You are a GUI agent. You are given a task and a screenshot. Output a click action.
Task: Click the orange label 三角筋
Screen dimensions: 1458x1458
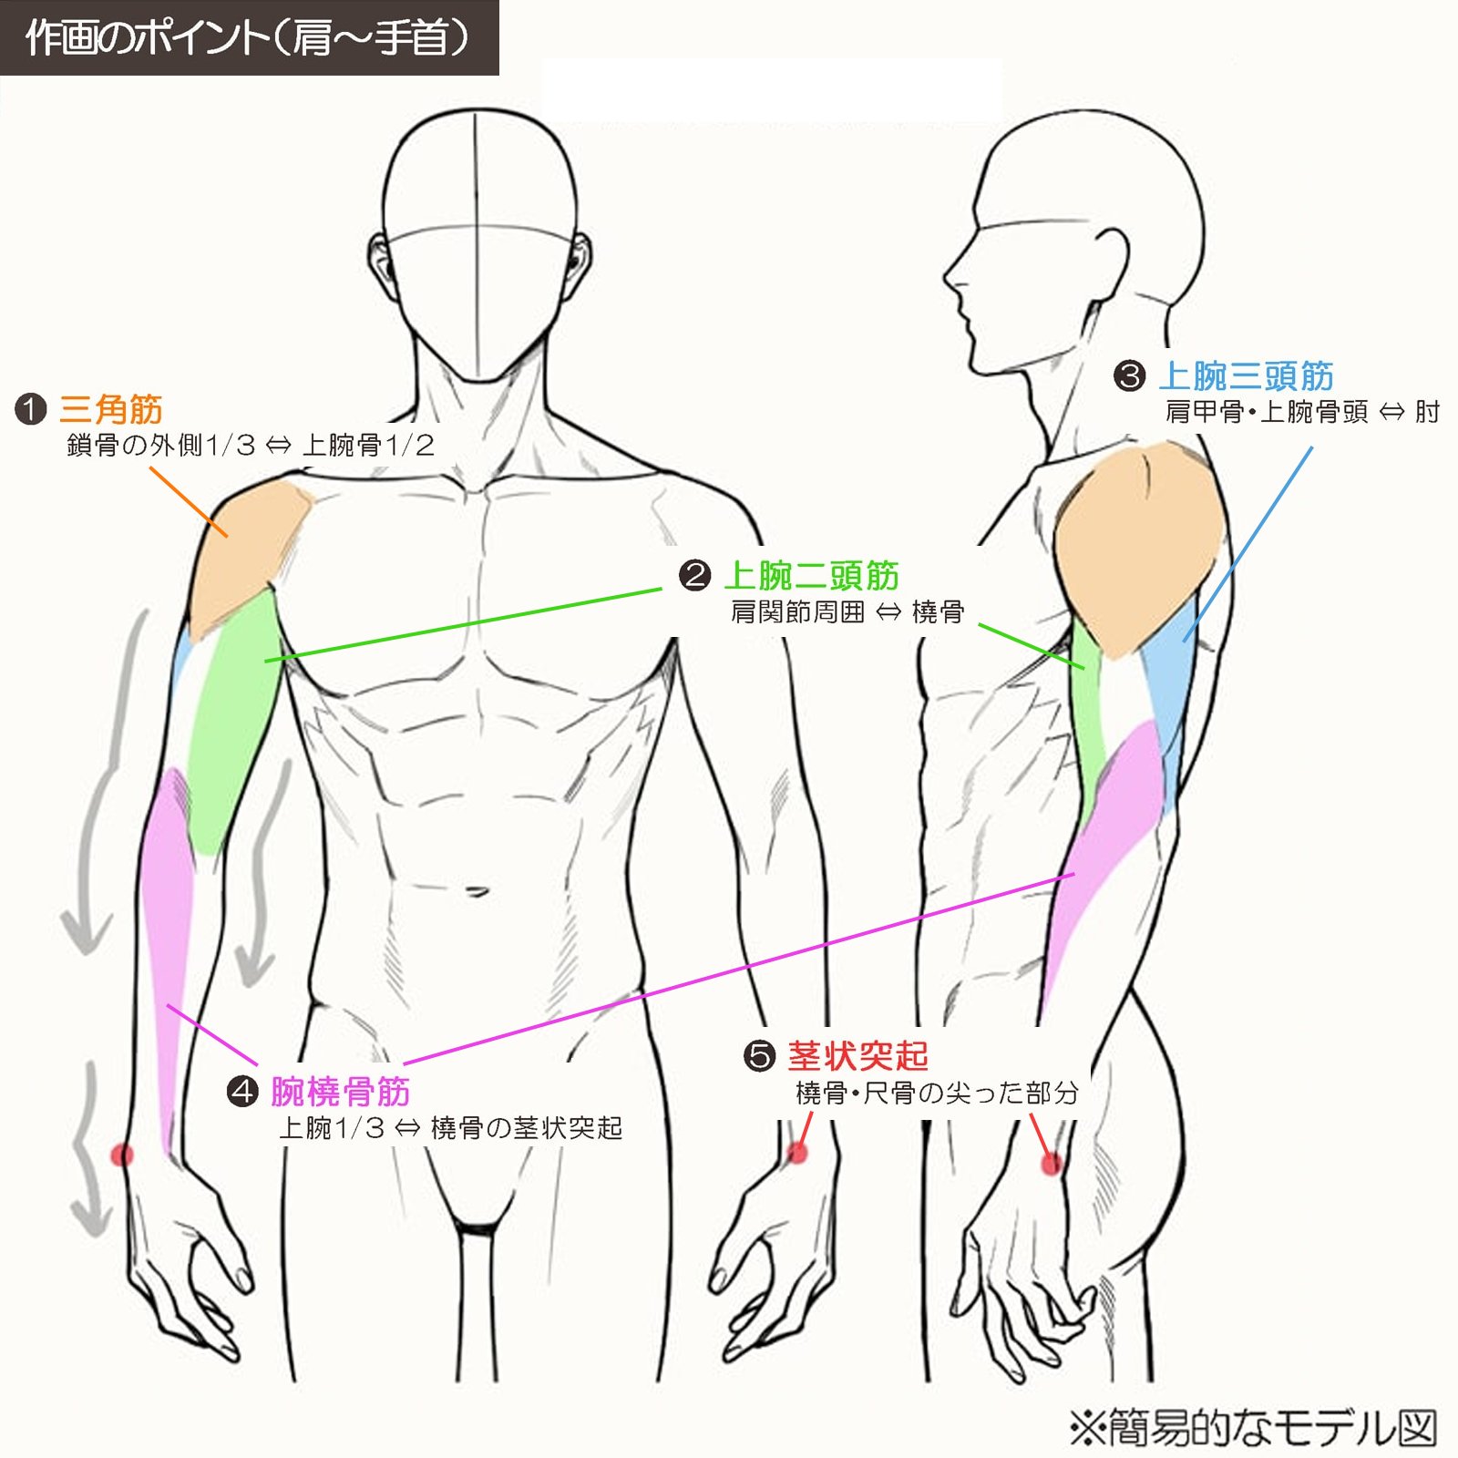(111, 409)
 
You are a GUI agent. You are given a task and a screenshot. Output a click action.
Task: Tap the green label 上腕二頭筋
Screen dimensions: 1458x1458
(811, 576)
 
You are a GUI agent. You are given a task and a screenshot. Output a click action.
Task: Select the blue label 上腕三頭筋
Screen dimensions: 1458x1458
(1246, 375)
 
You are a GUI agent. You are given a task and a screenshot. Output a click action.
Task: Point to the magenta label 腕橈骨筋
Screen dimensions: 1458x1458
(340, 1091)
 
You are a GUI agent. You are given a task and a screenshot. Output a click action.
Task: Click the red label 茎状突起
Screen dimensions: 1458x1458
(857, 1056)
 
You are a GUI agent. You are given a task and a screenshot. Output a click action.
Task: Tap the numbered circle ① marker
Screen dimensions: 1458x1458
(31, 409)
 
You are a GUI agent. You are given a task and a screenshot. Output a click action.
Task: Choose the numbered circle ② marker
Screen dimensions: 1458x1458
(694, 576)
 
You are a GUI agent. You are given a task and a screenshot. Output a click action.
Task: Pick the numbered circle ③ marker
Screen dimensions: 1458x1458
(1130, 375)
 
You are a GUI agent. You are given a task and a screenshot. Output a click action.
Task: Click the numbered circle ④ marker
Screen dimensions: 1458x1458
(242, 1091)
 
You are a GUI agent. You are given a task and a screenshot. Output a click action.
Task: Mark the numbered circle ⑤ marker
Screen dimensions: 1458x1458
(759, 1056)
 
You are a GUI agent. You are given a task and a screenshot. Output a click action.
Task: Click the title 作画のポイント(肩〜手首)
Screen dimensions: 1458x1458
(248, 38)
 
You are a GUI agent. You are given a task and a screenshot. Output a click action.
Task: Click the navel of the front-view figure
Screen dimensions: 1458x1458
(475, 890)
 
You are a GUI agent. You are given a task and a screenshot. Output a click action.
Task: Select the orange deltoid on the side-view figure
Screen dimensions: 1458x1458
(1137, 547)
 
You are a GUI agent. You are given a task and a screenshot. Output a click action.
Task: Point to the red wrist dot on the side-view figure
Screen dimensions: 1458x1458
(1052, 1164)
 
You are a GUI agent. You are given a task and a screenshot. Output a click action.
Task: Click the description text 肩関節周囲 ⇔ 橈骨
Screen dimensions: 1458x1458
(847, 611)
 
